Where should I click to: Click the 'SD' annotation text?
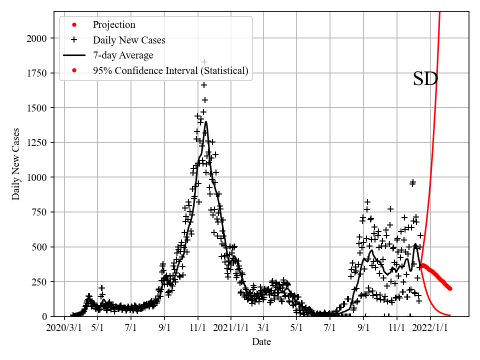coord(425,79)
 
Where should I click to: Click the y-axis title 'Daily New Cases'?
coord(16,164)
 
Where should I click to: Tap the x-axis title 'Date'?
coord(261,342)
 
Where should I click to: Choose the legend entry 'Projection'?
coord(114,25)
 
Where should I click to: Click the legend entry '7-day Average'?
coord(123,55)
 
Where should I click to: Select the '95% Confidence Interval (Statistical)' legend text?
coord(170,71)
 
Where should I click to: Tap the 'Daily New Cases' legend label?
coord(129,40)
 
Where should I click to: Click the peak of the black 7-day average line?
coord(206,122)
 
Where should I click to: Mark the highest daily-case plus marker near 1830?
coord(204,62)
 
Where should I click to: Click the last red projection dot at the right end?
coord(450,288)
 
